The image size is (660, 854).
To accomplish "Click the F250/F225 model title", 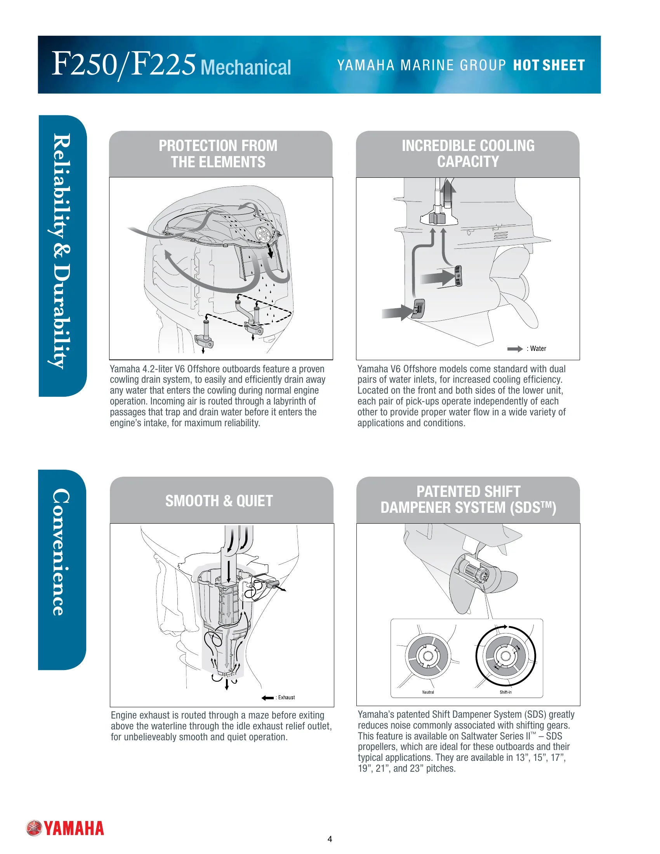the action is pos(123,64).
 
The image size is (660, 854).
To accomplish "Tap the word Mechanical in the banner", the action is pos(246,67).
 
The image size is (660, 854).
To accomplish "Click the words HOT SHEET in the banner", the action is pos(549,65).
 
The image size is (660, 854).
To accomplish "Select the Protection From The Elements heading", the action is pos(218,154).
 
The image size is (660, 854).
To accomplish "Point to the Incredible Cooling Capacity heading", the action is pos(468,153).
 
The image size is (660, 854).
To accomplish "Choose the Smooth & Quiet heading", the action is pos(219,500).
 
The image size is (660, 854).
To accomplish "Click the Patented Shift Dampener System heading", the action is pos(468,499).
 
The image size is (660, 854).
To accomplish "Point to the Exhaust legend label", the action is pos(287,697).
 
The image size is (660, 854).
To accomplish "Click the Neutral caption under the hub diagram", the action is pos(428,692).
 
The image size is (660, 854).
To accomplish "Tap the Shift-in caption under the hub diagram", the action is pos(505,692).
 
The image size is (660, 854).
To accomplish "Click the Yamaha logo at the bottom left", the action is pos(65,828).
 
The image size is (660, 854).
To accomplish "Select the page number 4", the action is pos(330,839).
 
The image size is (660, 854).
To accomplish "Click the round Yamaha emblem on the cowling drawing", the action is pos(263,233).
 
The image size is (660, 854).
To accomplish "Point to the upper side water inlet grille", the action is pos(458,276).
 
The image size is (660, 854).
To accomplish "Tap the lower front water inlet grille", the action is pos(419,309).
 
